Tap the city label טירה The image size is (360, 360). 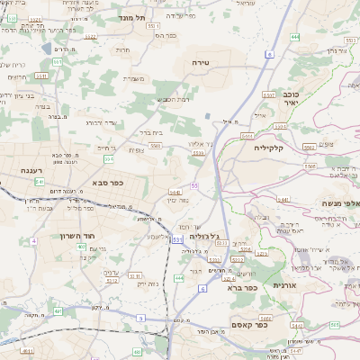pos(200,61)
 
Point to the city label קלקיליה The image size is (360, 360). pos(269,147)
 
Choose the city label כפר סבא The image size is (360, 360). pos(106,182)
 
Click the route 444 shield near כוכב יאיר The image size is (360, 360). pos(295,37)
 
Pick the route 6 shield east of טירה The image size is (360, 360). pos(268,55)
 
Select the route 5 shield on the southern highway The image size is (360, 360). pos(202,289)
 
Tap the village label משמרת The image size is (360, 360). pos(136,78)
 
